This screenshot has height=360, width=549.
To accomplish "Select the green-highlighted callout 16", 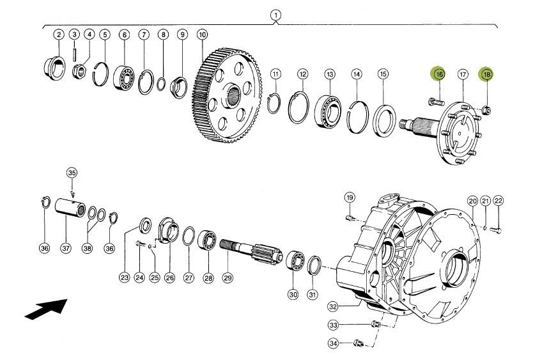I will (439, 75).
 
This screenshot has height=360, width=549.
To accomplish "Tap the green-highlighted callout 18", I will (488, 75).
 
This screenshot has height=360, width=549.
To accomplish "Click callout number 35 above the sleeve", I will (72, 173).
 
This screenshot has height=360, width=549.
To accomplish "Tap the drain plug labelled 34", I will (358, 345).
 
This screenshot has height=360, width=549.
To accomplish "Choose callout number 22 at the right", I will (499, 201).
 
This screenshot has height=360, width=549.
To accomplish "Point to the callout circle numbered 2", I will (58, 34).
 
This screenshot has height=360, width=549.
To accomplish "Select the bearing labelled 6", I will (123, 79).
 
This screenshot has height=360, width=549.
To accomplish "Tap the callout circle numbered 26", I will (169, 277).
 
